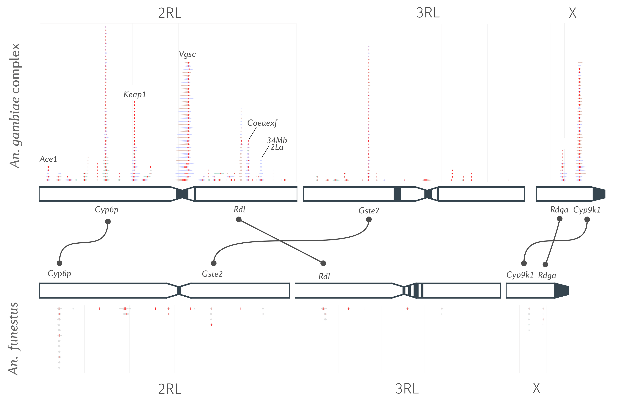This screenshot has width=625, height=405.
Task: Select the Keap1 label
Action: (x=134, y=94)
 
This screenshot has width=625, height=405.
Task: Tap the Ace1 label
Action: (x=48, y=159)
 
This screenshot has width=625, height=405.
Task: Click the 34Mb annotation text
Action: (x=277, y=140)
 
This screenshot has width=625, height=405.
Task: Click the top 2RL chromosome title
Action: (x=170, y=13)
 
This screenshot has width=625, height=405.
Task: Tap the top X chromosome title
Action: (x=572, y=13)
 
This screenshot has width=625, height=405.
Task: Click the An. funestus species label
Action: (x=13, y=339)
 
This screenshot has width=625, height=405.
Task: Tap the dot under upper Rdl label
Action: (x=239, y=219)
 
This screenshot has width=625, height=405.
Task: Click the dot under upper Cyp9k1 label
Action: (x=587, y=219)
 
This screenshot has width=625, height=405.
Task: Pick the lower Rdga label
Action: (x=547, y=276)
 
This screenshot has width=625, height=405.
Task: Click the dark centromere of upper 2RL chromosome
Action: (x=182, y=194)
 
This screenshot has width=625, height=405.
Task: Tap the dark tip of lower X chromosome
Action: (x=562, y=291)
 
